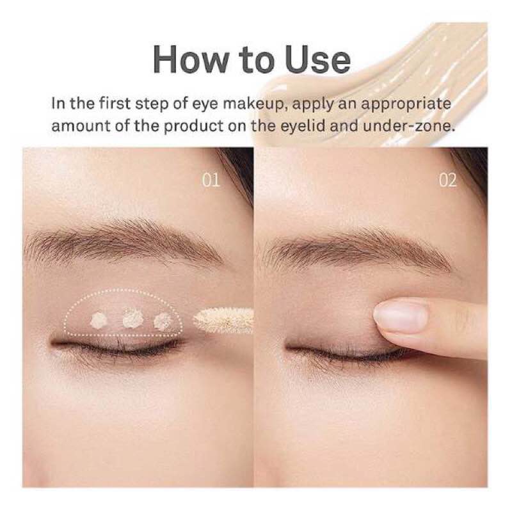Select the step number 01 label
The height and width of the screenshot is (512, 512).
click(211, 180)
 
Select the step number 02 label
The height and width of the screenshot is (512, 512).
click(447, 180)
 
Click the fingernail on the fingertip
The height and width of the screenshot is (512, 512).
click(400, 317)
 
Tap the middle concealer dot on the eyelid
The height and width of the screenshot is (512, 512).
click(132, 317)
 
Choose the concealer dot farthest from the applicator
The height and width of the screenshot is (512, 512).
click(99, 319)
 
